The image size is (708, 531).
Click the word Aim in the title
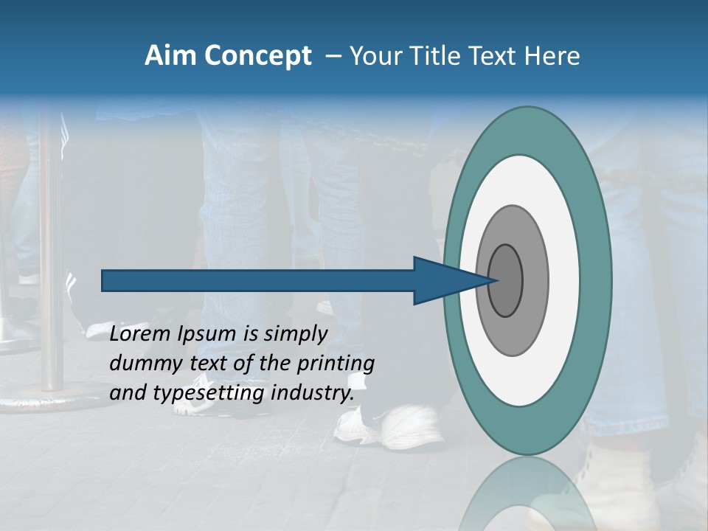(x=171, y=56)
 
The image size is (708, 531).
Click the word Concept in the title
(x=257, y=56)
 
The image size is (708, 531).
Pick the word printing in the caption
(x=335, y=364)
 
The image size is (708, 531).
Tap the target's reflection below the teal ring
(x=527, y=494)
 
